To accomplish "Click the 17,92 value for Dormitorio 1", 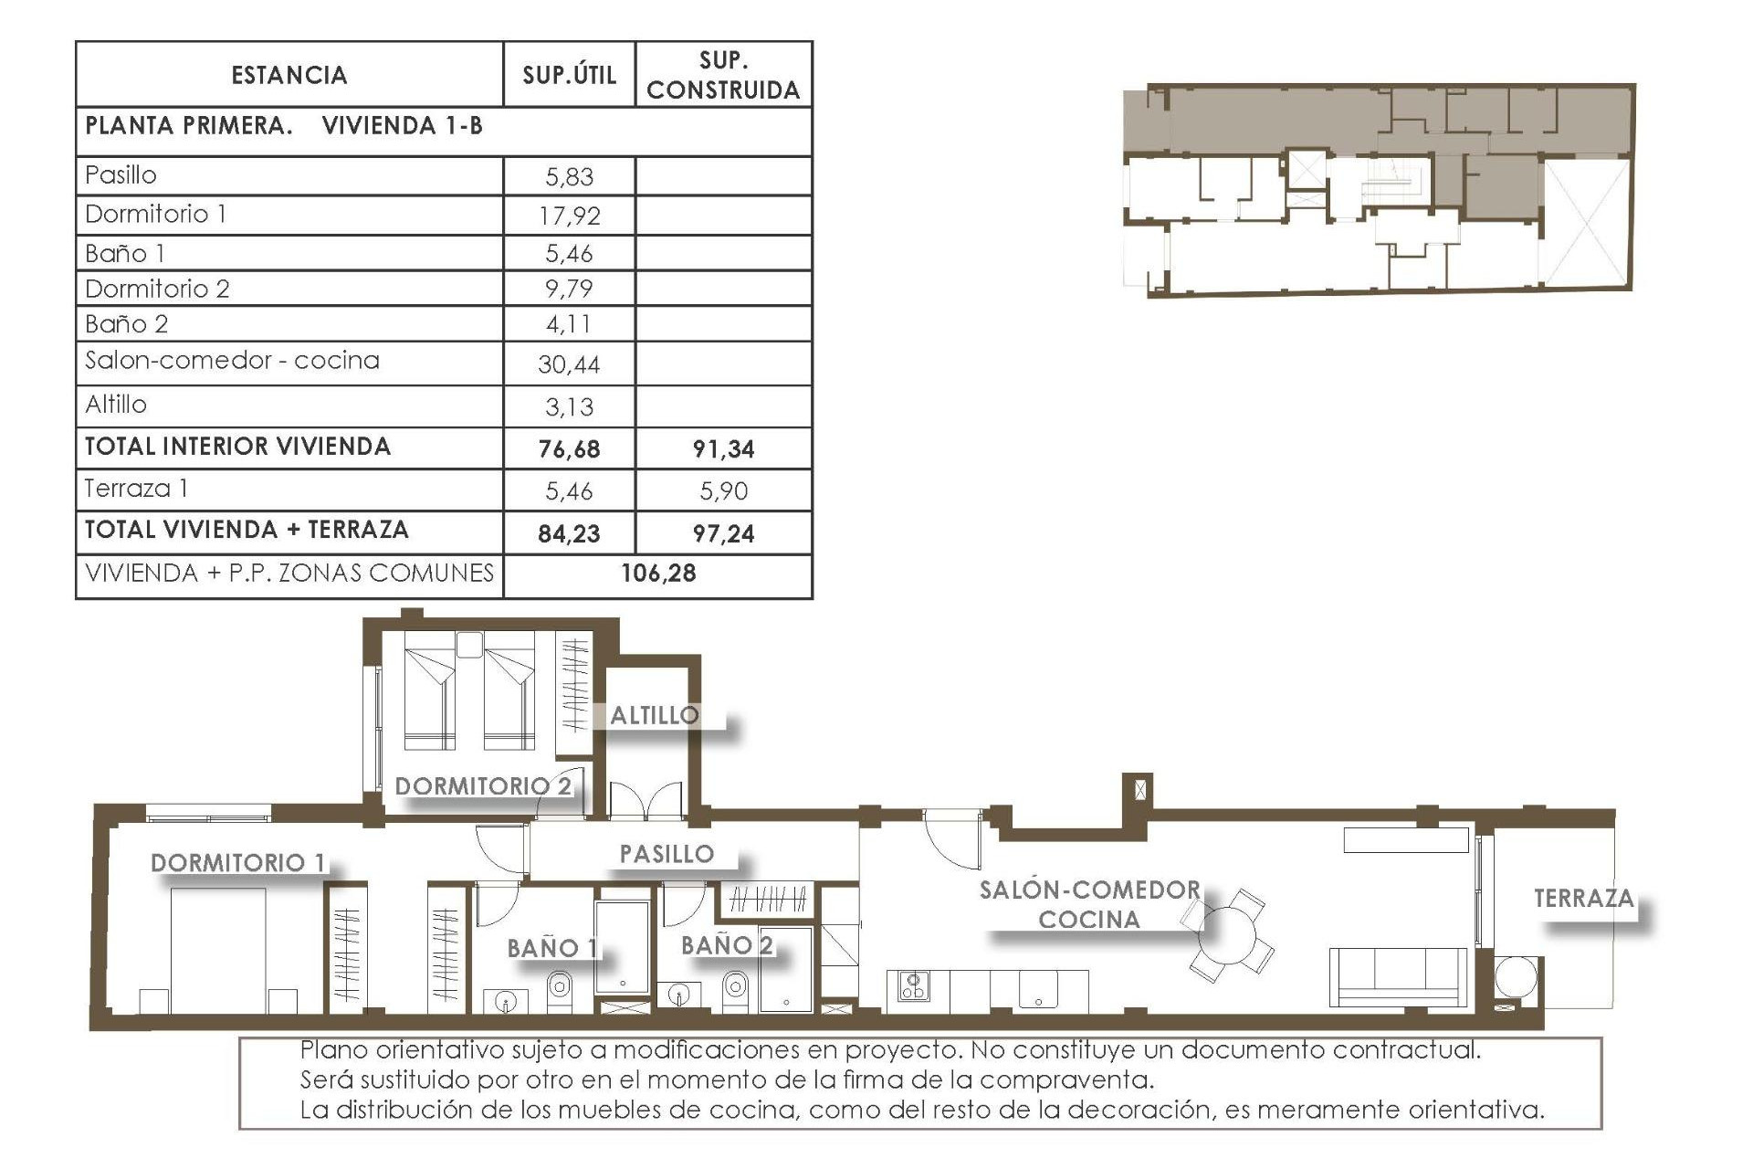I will click(x=569, y=216).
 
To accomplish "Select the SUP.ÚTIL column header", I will click(x=569, y=75).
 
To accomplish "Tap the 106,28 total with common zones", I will click(x=658, y=574).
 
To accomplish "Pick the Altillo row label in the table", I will click(x=116, y=405).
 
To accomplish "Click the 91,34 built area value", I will click(x=723, y=449).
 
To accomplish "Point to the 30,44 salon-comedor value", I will click(x=569, y=364).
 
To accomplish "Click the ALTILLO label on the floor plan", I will click(x=654, y=715).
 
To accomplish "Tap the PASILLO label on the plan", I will click(x=667, y=854).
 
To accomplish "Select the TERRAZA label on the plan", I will click(x=1583, y=899).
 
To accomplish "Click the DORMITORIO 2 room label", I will click(x=483, y=786).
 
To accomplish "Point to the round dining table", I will click(x=1229, y=935).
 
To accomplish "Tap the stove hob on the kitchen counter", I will click(x=913, y=986).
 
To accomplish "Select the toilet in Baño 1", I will click(x=559, y=988).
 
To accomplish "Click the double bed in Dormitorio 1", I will click(x=219, y=950).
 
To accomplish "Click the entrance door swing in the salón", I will click(x=952, y=838).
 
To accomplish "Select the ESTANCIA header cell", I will click(x=289, y=75).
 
